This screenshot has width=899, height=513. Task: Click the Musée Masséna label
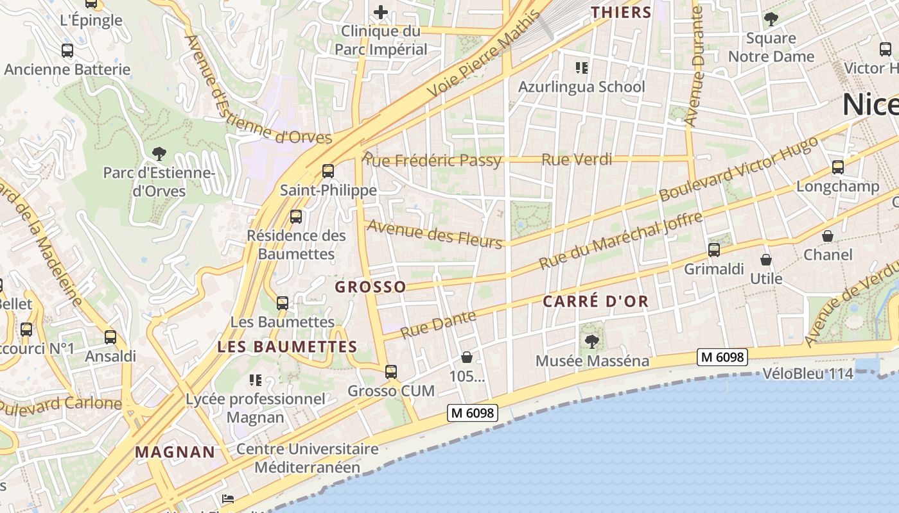(x=593, y=361)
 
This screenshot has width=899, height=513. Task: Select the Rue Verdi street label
(x=577, y=160)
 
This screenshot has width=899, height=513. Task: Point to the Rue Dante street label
(x=439, y=324)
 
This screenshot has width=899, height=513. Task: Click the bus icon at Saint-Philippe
(x=328, y=171)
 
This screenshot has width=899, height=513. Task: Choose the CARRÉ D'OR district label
(x=595, y=301)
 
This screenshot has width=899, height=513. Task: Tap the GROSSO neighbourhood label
(x=371, y=287)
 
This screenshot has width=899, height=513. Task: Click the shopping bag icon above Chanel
(x=828, y=236)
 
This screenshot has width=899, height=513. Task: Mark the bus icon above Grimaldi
(x=714, y=250)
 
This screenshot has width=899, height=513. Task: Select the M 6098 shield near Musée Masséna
(x=722, y=357)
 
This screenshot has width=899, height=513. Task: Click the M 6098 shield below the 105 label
(x=473, y=414)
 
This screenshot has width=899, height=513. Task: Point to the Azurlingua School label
(x=581, y=87)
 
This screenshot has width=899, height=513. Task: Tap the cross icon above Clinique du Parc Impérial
(x=381, y=12)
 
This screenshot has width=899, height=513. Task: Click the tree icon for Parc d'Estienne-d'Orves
(x=159, y=154)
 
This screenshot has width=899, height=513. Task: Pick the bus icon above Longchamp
(x=837, y=167)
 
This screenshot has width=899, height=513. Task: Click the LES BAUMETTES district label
(x=287, y=347)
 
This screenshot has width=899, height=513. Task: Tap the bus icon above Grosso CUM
(x=390, y=371)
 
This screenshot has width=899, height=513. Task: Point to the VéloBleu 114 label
(x=808, y=373)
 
